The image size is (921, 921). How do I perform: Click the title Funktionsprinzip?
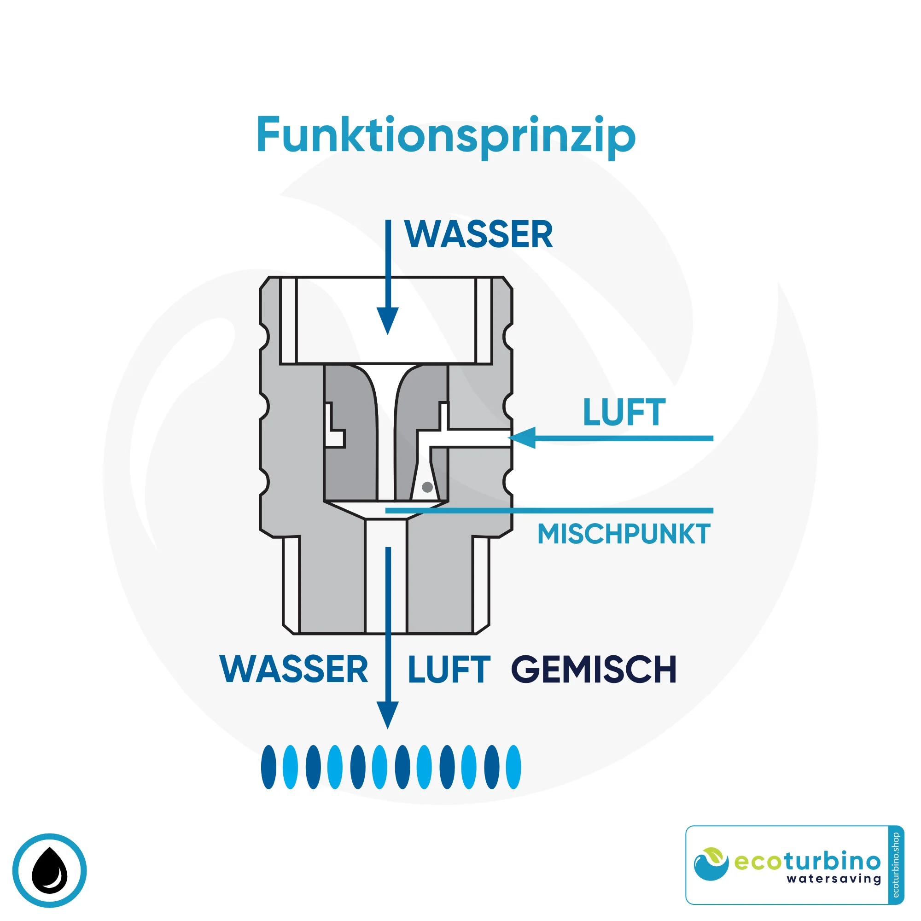coord(446,136)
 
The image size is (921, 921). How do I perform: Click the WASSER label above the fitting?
coord(478,234)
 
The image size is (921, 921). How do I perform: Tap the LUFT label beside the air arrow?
coord(624,412)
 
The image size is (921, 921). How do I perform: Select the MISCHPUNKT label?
coord(624,534)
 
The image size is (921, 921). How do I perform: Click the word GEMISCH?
coord(594,670)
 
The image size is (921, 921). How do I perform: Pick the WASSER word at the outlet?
coord(294,670)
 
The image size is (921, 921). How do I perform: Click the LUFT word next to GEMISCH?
coord(449,670)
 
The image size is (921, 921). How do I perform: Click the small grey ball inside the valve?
coord(427,487)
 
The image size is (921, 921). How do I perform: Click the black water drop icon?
coord(50,870)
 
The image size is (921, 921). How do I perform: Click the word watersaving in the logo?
coord(834,878)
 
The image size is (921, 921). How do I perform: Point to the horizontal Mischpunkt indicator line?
coord(548,511)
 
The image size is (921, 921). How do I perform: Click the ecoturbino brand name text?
coord(807,862)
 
